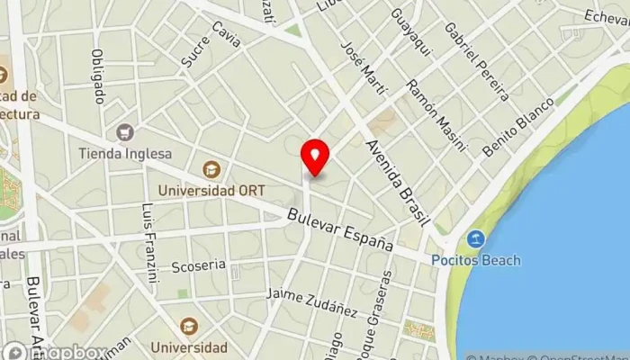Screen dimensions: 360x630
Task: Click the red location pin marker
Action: click(315, 157)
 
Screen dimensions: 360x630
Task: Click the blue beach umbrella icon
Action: click(475, 239)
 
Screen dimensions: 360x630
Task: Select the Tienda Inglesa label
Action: click(124, 153)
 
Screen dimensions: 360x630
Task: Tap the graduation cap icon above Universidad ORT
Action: click(210, 169)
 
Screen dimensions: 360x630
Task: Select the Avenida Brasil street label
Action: click(395, 179)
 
